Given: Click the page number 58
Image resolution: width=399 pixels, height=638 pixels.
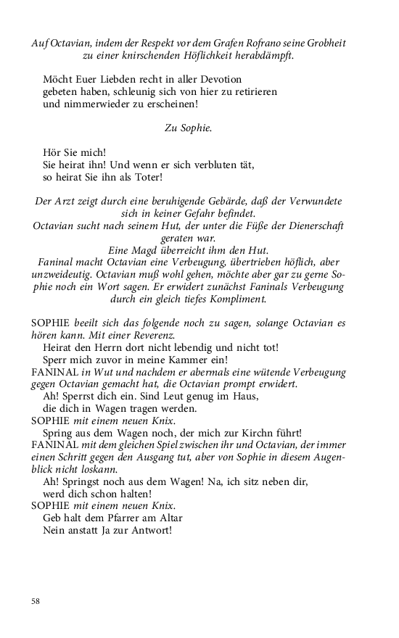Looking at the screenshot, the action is [36, 601].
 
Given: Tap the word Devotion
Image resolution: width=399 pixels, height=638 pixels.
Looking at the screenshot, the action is [215, 79].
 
